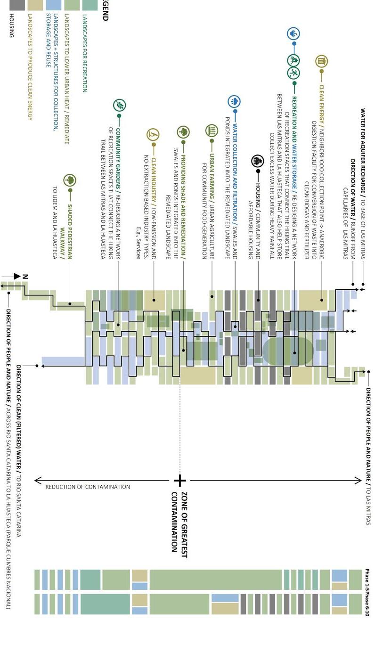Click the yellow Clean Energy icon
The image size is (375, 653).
tap(322, 61)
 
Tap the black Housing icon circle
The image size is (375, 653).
tap(258, 161)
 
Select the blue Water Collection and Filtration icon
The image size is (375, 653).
tap(234, 101)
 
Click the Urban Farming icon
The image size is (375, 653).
tap(212, 130)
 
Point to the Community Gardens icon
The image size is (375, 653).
tap(120, 106)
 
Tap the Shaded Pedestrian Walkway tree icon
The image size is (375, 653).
tap(70, 180)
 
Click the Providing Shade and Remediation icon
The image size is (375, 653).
tap(183, 132)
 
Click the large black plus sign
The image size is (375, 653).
tap(179, 481)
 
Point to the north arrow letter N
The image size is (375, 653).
tap(26, 277)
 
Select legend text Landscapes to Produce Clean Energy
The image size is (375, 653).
tap(30, 66)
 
